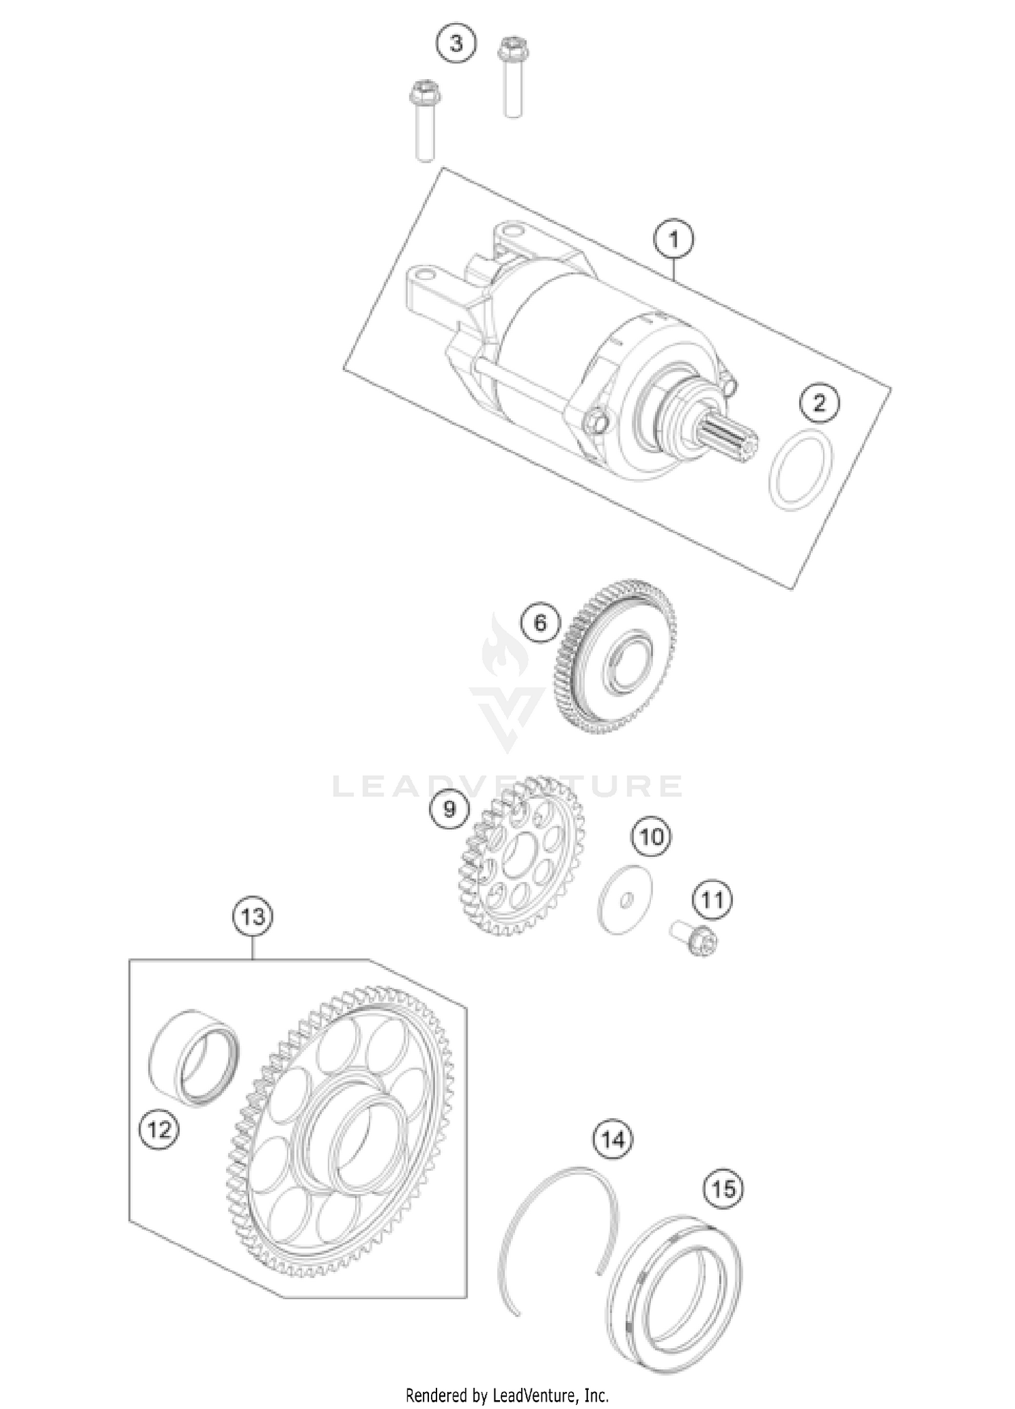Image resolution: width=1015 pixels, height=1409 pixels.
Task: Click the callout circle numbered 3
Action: pyautogui.click(x=455, y=45)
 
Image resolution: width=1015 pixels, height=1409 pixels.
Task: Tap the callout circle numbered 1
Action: pyautogui.click(x=673, y=239)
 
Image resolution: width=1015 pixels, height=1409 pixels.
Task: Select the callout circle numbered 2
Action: pyautogui.click(x=819, y=403)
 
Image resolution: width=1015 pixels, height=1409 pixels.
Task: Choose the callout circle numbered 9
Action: pyautogui.click(x=450, y=808)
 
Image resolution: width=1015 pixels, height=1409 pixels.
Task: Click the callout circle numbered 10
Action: pyautogui.click(x=652, y=837)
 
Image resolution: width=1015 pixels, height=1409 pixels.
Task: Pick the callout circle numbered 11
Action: pyautogui.click(x=712, y=900)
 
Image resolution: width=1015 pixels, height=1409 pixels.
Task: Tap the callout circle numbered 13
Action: pyautogui.click(x=253, y=918)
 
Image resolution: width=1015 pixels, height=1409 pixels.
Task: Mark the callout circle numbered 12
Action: pyautogui.click(x=160, y=1129)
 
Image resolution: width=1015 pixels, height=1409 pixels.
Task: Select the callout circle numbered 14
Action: pyautogui.click(x=613, y=1139)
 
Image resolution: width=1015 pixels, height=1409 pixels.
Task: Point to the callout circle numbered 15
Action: pyautogui.click(x=723, y=1188)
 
